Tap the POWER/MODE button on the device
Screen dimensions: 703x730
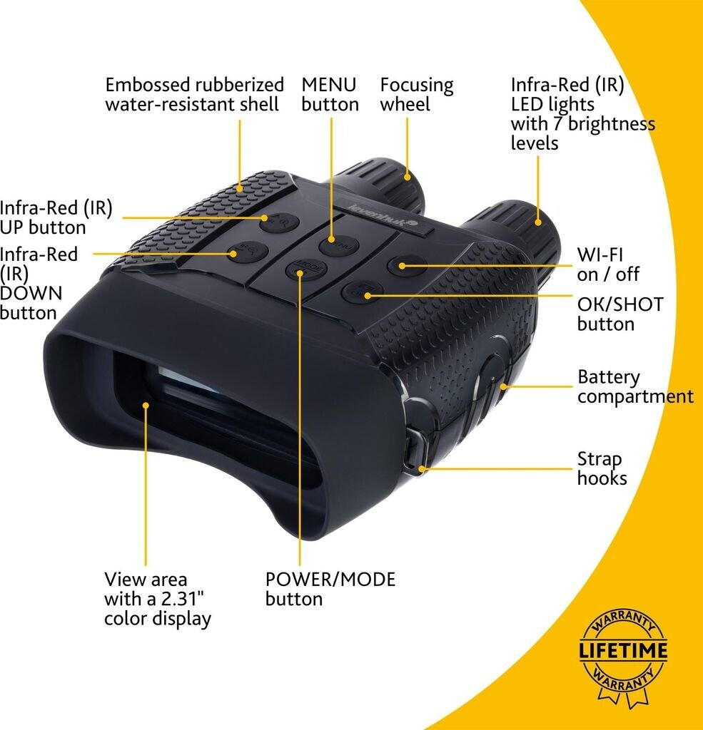[x=300, y=269]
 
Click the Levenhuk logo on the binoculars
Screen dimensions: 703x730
[x=376, y=215]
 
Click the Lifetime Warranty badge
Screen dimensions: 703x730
[x=623, y=650]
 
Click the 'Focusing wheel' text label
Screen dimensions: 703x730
[x=416, y=94]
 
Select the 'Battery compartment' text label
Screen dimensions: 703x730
[x=634, y=386]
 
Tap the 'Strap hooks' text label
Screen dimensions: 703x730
[x=602, y=468]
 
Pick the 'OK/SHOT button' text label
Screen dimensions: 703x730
[x=619, y=314]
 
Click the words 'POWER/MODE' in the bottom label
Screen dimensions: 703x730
[x=330, y=579]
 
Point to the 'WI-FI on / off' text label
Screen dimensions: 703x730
[x=608, y=264]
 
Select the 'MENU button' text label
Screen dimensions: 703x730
[x=329, y=94]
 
